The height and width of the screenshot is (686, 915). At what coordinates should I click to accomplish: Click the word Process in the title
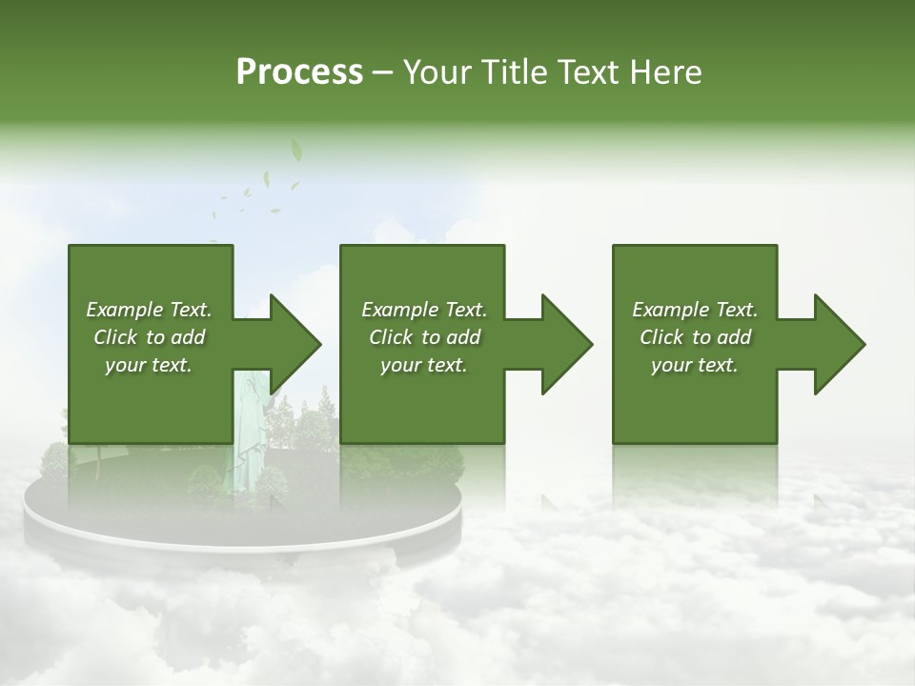pyautogui.click(x=299, y=72)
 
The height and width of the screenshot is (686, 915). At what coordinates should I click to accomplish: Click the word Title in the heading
pyautogui.click(x=510, y=72)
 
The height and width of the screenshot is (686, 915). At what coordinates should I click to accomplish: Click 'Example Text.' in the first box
pyautogui.click(x=149, y=310)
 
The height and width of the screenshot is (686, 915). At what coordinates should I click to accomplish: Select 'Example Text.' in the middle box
pyautogui.click(x=424, y=310)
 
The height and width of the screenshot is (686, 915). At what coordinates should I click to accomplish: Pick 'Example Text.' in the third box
pyautogui.click(x=695, y=310)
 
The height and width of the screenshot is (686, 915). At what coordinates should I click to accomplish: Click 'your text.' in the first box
pyautogui.click(x=149, y=365)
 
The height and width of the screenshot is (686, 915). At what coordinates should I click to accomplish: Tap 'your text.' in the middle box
pyautogui.click(x=424, y=365)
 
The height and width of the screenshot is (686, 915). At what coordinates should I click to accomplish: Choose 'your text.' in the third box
pyautogui.click(x=695, y=365)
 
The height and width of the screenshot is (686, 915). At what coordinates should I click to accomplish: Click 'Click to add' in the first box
pyautogui.click(x=149, y=337)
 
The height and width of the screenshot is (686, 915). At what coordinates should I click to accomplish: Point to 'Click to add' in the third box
pyautogui.click(x=695, y=337)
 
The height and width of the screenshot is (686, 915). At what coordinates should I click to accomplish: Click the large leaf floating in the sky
pyautogui.click(x=296, y=150)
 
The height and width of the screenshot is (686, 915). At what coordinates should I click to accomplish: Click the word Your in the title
pyautogui.click(x=436, y=72)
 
